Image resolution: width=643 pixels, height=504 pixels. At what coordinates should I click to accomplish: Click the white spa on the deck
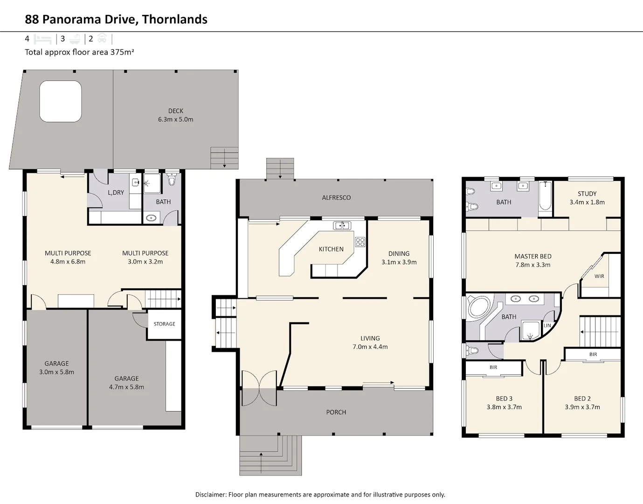[61, 101]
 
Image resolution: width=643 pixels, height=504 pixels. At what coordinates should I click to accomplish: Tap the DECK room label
[175, 111]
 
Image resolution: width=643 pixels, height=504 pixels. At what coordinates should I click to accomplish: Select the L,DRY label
[116, 192]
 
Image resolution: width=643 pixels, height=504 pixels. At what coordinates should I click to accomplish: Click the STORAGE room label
[164, 324]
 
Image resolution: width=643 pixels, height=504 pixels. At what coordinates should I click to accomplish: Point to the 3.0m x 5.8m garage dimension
[56, 372]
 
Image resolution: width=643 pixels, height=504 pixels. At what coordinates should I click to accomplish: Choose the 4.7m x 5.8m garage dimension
[126, 387]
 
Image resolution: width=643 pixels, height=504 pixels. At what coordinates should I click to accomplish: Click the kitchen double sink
[342, 226]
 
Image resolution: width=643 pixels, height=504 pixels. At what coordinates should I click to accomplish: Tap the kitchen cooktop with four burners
[360, 242]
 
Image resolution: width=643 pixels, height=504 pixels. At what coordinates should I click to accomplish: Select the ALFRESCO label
[336, 198]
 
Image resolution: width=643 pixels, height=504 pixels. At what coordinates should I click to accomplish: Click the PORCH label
[336, 412]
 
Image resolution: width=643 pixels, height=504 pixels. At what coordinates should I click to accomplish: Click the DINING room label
[399, 253]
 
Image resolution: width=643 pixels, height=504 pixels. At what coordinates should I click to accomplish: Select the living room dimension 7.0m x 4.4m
[370, 347]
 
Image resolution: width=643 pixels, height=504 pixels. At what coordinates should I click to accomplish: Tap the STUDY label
[587, 194]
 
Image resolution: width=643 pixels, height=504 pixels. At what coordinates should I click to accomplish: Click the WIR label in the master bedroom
[599, 276]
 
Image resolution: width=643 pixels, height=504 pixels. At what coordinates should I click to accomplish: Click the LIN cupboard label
[547, 326]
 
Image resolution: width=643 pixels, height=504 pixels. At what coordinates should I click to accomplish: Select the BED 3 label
[504, 399]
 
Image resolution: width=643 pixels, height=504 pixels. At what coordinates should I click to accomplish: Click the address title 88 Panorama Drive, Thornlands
[116, 19]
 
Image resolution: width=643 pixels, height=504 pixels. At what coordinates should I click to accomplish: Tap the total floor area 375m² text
[79, 52]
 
